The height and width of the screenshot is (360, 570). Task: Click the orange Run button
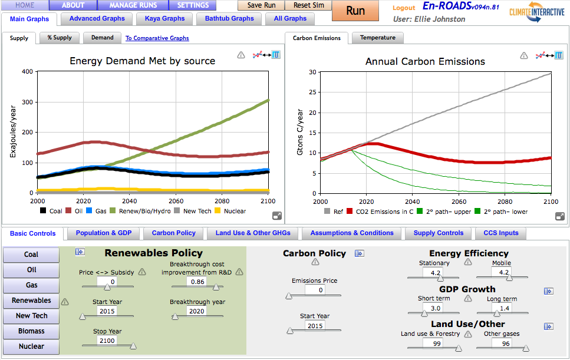tap(355, 11)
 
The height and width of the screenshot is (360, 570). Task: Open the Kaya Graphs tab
tap(164, 19)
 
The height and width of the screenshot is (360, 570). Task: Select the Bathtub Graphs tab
tap(229, 19)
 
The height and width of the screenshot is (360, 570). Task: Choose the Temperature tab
tap(377, 38)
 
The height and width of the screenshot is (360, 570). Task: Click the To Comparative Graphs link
tap(157, 38)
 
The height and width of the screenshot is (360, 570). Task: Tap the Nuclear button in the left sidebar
tap(31, 346)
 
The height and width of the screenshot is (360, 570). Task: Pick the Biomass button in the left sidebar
tap(31, 331)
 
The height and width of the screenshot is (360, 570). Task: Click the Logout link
tap(404, 8)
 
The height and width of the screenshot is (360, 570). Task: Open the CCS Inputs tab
tap(500, 233)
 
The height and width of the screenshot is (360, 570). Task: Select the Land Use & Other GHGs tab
tap(253, 233)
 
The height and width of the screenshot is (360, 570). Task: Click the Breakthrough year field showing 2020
tap(196, 311)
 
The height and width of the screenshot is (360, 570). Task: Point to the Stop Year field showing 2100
tap(107, 341)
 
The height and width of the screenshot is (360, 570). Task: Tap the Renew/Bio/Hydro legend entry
tap(142, 211)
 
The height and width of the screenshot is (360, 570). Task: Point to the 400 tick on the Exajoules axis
tap(27, 72)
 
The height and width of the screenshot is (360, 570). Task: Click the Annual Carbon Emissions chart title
tap(424, 61)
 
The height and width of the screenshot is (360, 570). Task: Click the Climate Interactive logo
tap(537, 12)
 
